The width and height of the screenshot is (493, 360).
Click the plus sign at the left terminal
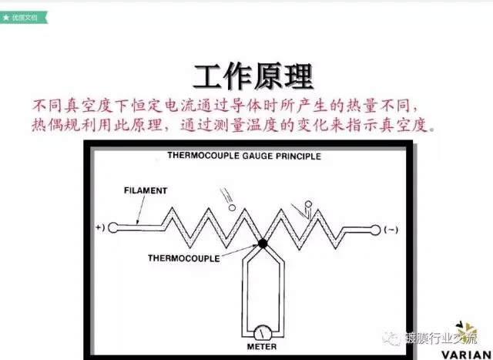[98, 228]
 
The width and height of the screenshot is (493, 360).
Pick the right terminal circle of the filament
[377, 228]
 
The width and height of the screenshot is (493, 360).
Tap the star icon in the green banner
[6, 15]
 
